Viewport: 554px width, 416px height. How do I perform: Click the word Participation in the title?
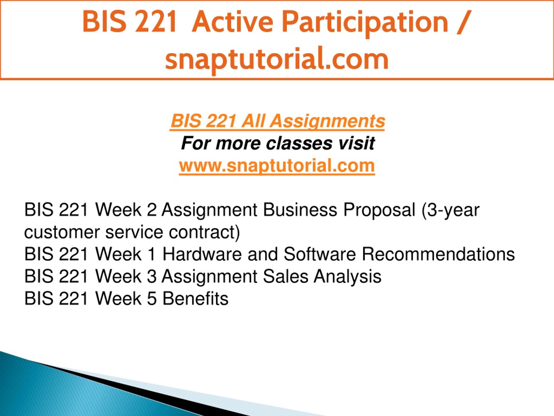[365, 24]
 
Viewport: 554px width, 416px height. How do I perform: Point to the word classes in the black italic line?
[299, 143]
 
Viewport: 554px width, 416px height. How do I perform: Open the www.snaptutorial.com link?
[277, 166]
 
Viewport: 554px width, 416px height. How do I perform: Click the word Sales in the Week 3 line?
[285, 276]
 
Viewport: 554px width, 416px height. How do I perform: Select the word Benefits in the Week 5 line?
[196, 298]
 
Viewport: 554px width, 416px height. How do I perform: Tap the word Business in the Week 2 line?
[300, 210]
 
